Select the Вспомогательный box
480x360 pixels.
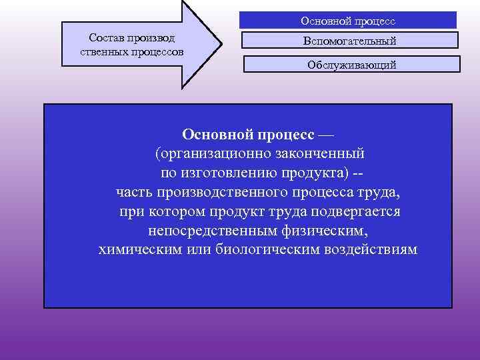pyautogui.click(x=349, y=41)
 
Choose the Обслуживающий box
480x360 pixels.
pyautogui.click(x=352, y=65)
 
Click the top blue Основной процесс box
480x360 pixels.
pyautogui.click(x=348, y=21)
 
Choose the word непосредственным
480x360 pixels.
pyautogui.click(x=214, y=231)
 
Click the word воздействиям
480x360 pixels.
pyautogui.click(x=371, y=251)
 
